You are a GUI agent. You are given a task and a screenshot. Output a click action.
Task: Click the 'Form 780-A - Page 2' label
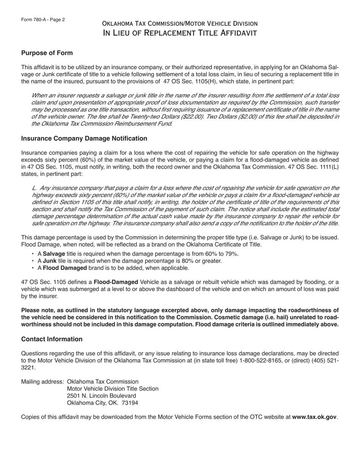coord(43,20)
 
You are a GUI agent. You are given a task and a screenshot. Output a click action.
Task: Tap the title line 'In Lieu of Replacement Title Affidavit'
coord(180,33)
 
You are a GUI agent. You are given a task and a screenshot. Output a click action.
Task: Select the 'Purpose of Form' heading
coord(47,53)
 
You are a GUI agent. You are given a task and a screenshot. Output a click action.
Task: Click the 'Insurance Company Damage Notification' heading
coord(84,139)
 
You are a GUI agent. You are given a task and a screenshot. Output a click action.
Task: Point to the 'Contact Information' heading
coord(52,339)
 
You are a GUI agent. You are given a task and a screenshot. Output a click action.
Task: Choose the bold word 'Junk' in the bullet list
coord(50,261)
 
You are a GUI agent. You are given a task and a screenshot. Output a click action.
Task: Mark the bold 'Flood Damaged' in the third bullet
coord(65,268)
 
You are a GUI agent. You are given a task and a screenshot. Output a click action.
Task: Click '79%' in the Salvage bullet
coord(232,254)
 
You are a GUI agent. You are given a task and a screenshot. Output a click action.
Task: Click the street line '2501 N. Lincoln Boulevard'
coord(101,396)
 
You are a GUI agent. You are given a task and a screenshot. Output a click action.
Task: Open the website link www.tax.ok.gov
coord(314,417)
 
